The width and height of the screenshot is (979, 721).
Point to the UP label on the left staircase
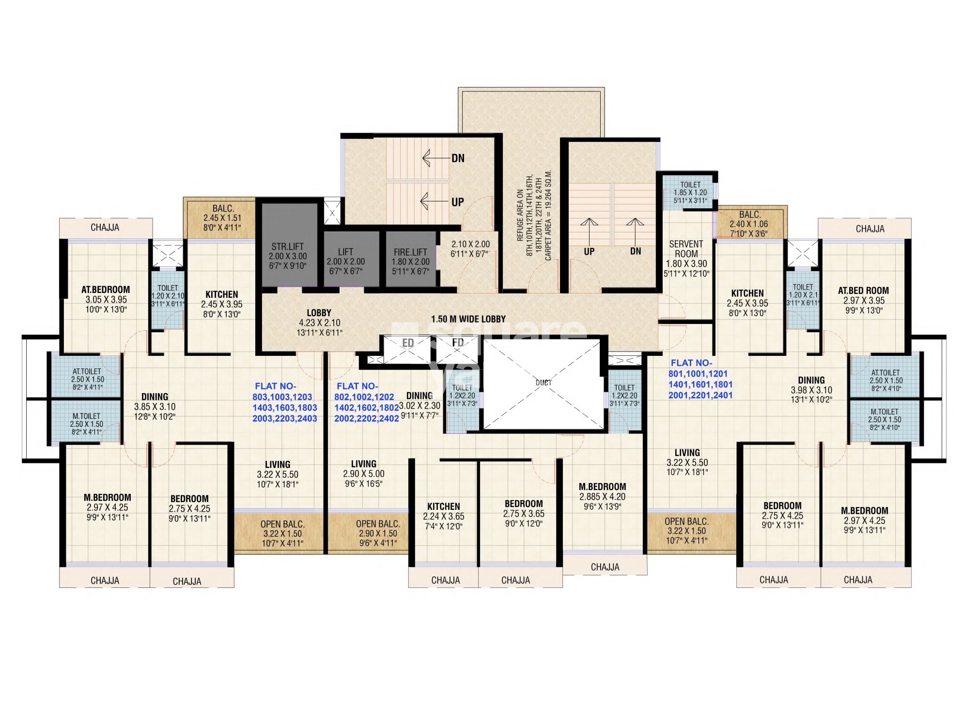click(457, 202)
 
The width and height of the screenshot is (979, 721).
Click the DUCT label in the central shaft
click(544, 383)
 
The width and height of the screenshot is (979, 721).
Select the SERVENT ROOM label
click(686, 249)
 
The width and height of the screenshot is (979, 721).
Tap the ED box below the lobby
click(408, 343)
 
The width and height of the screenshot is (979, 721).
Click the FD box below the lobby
click(458, 343)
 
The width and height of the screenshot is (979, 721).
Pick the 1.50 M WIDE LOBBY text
click(468, 319)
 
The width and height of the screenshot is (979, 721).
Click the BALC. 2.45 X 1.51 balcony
click(222, 218)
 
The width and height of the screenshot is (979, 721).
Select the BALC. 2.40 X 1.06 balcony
click(749, 224)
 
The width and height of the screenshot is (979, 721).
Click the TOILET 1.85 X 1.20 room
click(690, 192)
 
